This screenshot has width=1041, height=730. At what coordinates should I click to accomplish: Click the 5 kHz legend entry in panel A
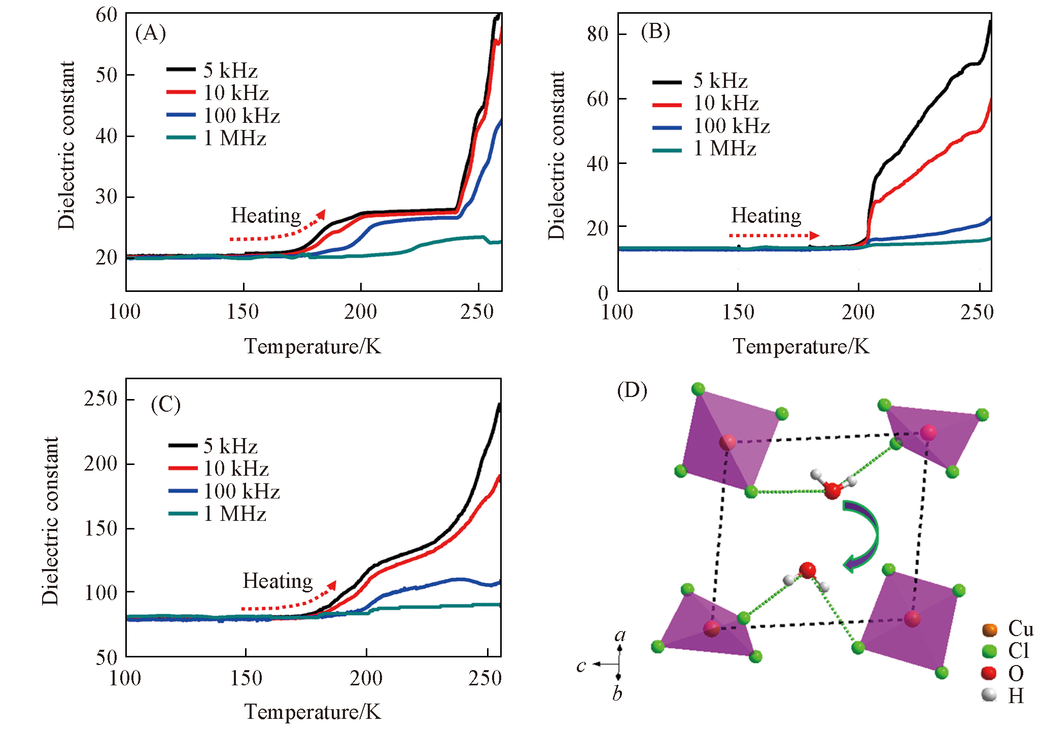[213, 70]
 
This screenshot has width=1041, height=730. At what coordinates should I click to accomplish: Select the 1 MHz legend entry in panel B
[705, 148]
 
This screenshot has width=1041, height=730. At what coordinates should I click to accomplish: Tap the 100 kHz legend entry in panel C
[225, 491]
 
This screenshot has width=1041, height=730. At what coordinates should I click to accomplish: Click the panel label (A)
[151, 33]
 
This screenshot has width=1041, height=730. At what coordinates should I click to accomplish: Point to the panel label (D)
[632, 390]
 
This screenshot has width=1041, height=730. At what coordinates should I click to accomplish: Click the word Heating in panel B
[766, 215]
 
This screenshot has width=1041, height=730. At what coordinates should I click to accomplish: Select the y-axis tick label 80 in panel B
[597, 34]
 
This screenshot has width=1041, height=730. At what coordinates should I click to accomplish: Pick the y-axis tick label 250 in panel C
[101, 399]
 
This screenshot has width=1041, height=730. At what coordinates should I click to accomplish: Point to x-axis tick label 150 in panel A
[243, 312]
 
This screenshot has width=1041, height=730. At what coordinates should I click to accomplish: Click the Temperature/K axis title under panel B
[801, 347]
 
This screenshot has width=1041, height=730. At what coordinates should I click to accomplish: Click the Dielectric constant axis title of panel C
[50, 521]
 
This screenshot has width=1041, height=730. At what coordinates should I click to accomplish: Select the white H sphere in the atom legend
[989, 694]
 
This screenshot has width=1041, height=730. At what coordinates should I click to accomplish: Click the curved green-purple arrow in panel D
[862, 536]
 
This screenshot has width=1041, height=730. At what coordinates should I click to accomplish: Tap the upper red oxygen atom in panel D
[832, 490]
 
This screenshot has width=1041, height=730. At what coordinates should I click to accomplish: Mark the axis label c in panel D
[581, 665]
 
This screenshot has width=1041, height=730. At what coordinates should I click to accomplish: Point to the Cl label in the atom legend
[1018, 651]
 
